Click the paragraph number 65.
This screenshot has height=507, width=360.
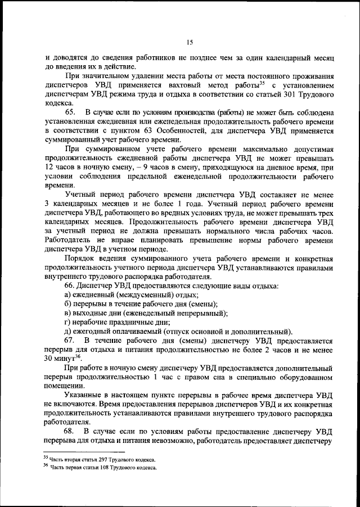coord(71,112)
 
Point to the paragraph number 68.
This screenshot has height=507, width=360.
coord(71,431)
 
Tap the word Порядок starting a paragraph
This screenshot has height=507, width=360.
coord(80,259)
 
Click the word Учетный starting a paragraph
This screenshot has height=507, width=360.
coord(80,196)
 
